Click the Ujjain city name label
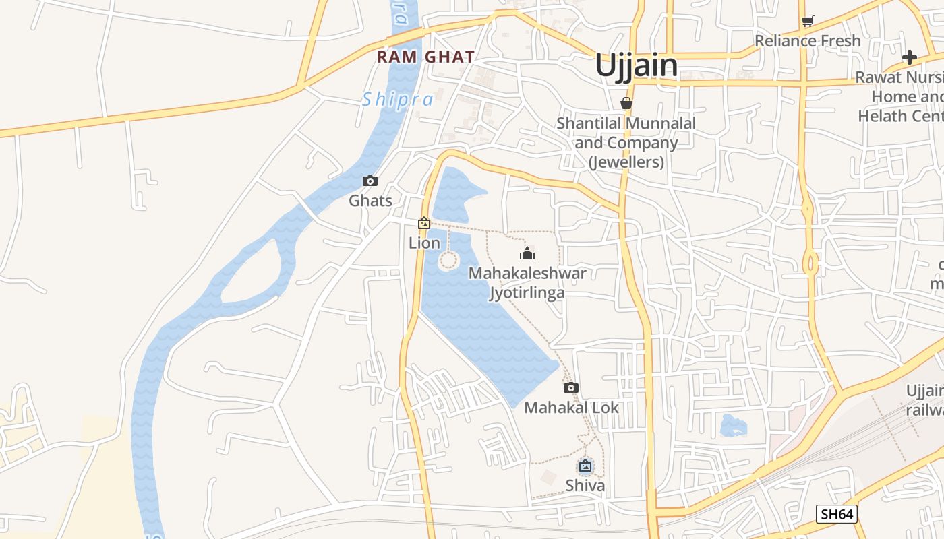(636, 65)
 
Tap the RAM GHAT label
(425, 57)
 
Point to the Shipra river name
(398, 100)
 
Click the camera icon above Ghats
(370, 181)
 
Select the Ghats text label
(370, 200)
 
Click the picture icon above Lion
(424, 223)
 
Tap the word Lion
(424, 243)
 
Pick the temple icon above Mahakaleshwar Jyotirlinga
(527, 253)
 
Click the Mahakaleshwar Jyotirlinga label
(527, 283)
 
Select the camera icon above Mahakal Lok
(571, 387)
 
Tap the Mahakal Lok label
(571, 407)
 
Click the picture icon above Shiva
(585, 466)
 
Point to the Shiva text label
(585, 485)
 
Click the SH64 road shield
(836, 514)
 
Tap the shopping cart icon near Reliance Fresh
(808, 21)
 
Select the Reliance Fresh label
(808, 40)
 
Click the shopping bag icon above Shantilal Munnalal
(626, 103)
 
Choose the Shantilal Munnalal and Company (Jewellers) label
(626, 143)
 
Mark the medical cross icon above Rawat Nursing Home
(910, 57)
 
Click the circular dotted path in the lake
(448, 261)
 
